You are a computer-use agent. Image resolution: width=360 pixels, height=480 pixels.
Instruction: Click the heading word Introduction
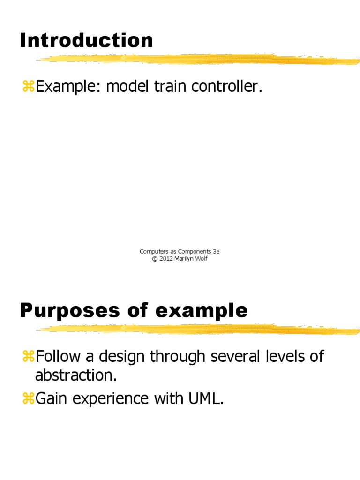coord(86,41)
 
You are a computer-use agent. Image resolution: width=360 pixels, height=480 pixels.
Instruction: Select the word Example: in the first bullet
coord(68,87)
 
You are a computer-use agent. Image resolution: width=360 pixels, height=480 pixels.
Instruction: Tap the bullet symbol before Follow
coord(28,357)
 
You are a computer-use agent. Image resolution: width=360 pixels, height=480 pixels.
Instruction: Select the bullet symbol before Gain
coord(28,399)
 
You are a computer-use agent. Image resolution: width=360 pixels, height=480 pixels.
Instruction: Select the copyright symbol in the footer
coord(155,259)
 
